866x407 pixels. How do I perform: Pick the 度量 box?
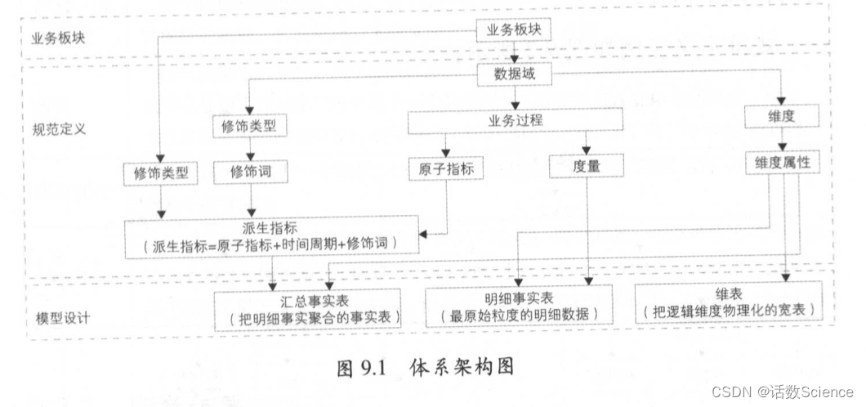[x=587, y=166]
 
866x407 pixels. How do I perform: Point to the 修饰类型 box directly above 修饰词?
[x=251, y=127]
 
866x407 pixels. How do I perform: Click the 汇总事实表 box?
[x=308, y=308]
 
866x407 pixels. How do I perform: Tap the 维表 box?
[x=727, y=302]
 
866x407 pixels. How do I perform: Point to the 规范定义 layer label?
[x=59, y=129]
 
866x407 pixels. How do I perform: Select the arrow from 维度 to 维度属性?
[x=782, y=140]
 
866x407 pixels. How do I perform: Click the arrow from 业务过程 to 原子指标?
[x=445, y=145]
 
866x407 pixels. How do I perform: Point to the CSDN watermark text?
[x=781, y=391]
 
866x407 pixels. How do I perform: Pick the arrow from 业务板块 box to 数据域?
[x=514, y=53]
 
